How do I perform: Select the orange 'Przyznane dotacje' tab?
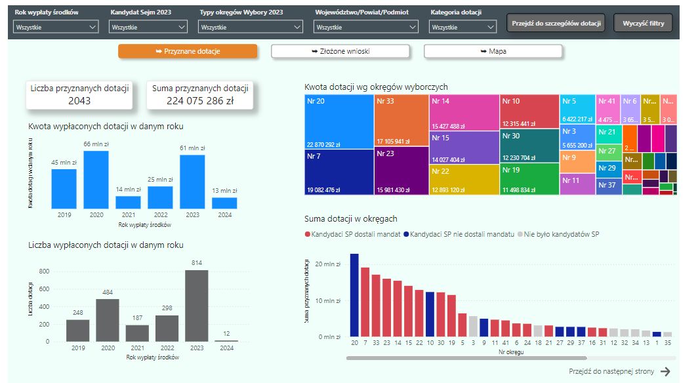[188, 51]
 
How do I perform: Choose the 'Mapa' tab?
[493, 51]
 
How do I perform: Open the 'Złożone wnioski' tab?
[340, 51]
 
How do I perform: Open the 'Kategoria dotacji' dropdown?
[464, 27]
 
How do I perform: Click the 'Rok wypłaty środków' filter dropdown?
[56, 27]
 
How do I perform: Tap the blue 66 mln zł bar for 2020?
[96, 180]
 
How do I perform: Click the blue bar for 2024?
[224, 203]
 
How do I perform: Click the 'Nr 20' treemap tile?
[339, 121]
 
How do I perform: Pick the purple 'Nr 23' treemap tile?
[401, 171]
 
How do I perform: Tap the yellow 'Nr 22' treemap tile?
[464, 179]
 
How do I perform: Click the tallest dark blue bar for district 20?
[354, 295]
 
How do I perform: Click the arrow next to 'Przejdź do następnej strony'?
[665, 371]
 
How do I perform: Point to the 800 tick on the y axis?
[45, 271]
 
